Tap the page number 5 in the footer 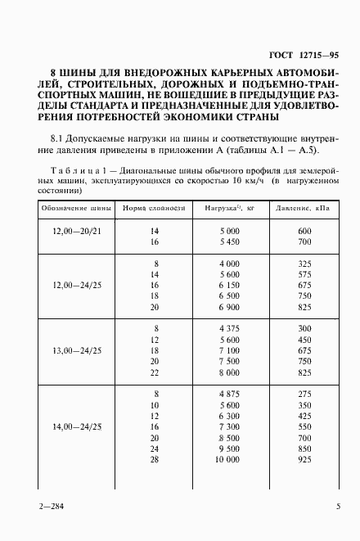tap(338, 507)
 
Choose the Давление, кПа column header tap(302, 209)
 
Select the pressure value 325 tap(306, 264)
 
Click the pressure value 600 tap(306, 232)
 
